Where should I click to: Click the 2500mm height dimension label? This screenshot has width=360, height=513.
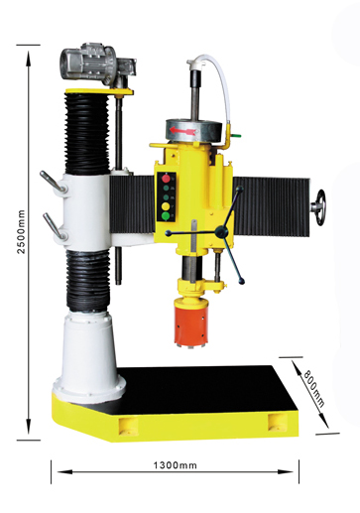pyautogui.click(x=21, y=231)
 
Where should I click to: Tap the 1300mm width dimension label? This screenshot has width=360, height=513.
pyautogui.click(x=175, y=465)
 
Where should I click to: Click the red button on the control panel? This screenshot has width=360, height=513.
pyautogui.click(x=166, y=179)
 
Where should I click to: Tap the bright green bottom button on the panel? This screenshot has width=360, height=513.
pyautogui.click(x=166, y=216)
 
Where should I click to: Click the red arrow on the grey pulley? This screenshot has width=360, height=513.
pyautogui.click(x=181, y=131)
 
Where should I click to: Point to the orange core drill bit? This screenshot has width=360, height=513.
pyautogui.click(x=190, y=322)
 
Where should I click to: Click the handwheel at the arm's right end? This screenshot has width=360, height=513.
pyautogui.click(x=319, y=207)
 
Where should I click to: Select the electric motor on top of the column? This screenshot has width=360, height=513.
pyautogui.click(x=97, y=64)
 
